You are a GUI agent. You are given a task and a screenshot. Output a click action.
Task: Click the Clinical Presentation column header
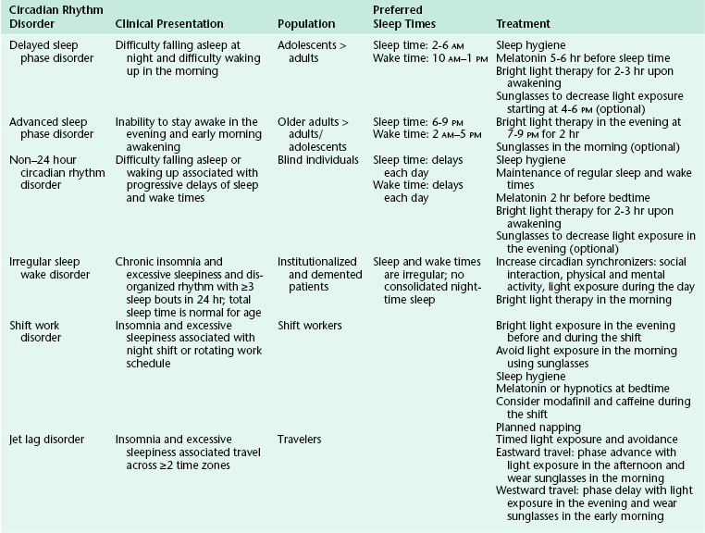point(175,23)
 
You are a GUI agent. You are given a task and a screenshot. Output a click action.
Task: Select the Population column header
point(308,23)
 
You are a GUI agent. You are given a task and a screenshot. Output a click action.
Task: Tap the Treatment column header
point(524,23)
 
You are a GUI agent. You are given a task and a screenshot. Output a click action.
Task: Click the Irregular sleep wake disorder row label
point(51,269)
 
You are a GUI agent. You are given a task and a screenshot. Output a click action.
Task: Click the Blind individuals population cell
point(317,159)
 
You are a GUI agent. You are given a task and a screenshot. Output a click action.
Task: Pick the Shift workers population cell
point(310,326)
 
